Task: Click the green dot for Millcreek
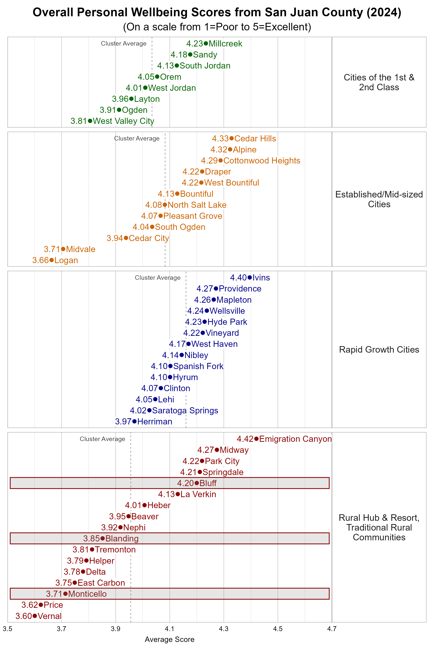pos(206,43)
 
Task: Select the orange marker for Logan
pos(52,260)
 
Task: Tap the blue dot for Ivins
pos(250,277)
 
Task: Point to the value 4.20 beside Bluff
pos(186,483)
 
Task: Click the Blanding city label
pos(122,538)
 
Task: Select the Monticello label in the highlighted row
pos(88,594)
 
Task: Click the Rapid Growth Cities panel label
pos(379,350)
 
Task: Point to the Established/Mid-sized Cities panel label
pos(379,199)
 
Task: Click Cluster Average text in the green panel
pos(124,43)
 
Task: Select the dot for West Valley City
pos(90,121)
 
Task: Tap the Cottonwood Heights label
pos(262,161)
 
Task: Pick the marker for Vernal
pos(35,616)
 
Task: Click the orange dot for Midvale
pos(63,249)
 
